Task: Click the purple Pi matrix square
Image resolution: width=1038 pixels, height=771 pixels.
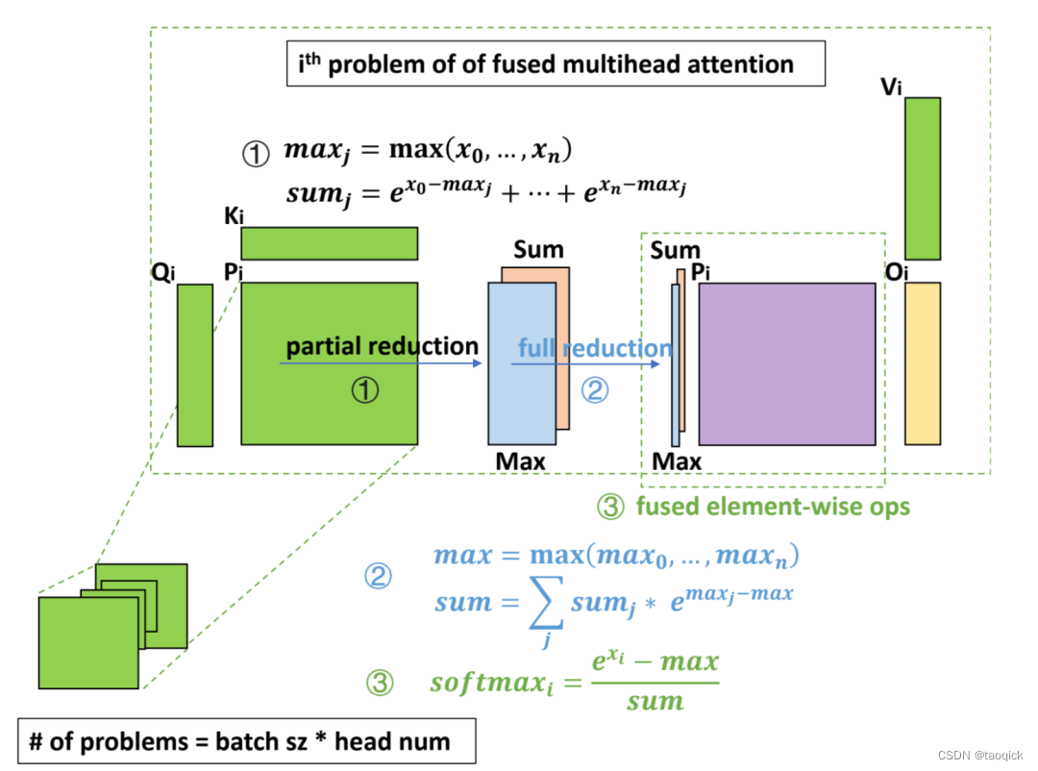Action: point(786,363)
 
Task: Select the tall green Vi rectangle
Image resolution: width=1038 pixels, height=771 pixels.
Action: point(922,178)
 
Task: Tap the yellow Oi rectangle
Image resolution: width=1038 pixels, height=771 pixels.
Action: point(922,363)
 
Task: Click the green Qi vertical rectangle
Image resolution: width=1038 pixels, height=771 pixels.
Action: point(194,365)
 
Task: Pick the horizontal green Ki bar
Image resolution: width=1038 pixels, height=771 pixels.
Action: point(329,243)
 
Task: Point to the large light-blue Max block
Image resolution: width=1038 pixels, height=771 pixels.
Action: point(522,365)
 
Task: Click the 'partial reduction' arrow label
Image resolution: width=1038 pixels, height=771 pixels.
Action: point(382,346)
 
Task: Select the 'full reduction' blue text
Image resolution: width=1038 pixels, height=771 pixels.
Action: point(595,348)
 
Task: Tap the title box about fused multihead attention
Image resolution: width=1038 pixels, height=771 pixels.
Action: point(556,64)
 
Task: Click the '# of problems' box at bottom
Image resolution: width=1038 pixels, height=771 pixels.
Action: point(246,741)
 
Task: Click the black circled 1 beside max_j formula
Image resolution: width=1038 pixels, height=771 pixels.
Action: point(255,155)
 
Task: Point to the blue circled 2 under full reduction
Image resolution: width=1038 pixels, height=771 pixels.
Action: point(595,389)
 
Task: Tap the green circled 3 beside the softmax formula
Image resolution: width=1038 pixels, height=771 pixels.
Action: point(381,684)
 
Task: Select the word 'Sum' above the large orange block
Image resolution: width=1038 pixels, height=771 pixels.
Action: point(538,251)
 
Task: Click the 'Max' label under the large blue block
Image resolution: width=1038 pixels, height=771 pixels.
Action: point(520,461)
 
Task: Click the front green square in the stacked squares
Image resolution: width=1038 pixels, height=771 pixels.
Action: point(88,642)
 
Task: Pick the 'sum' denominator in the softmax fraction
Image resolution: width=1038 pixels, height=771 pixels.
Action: point(655,702)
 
